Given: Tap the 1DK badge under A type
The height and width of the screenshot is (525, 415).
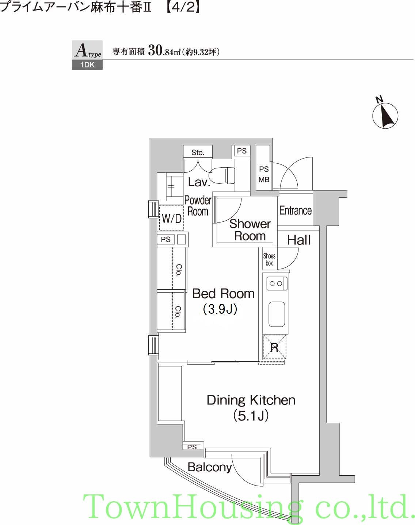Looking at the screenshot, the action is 87,65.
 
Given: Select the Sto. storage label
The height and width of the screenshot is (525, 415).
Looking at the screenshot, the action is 198,152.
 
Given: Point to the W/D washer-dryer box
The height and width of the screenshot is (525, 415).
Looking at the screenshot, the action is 171,218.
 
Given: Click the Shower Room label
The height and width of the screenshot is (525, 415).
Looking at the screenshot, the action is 250,230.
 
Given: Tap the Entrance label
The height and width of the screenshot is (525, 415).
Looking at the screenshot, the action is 295,210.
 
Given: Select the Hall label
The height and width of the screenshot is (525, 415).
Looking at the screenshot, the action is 298,240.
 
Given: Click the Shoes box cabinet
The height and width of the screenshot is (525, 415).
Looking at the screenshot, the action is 269,259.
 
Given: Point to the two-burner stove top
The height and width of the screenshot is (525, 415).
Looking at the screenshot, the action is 277,284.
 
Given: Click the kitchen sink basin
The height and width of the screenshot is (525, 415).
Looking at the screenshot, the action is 277,315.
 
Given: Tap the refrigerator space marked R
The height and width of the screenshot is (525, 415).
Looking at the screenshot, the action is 274,347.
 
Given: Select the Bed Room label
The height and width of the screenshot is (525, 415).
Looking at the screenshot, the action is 223,293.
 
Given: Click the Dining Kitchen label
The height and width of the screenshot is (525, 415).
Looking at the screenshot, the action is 251,400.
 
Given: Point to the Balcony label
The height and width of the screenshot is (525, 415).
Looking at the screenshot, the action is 210,467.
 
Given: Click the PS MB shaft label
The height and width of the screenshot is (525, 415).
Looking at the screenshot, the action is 264,174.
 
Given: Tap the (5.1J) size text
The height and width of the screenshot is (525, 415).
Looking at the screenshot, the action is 251,416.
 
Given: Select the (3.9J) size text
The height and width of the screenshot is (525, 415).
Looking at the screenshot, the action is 220,309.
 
